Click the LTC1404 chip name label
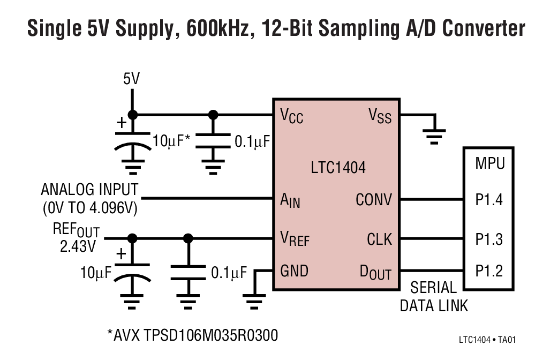tap(338, 168)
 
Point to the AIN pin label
tap(290, 201)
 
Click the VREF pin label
tap(295, 238)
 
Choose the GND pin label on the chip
tap(294, 271)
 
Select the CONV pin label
tap(374, 200)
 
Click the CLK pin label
tap(379, 238)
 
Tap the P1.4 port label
tap(489, 200)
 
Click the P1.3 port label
tap(489, 239)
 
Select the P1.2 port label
tap(489, 271)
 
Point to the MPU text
tap(489, 163)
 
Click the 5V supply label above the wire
tap(131, 80)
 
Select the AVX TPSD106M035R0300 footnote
tap(192, 336)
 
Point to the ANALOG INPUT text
tap(89, 190)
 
